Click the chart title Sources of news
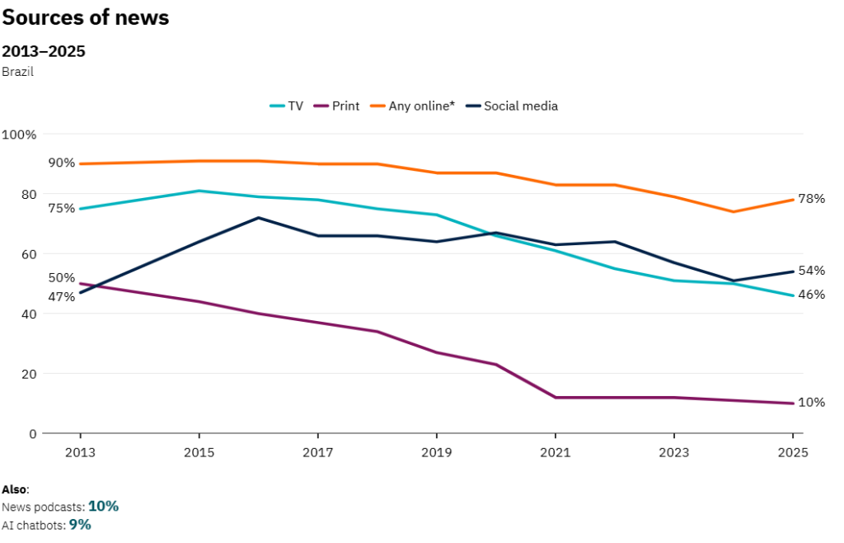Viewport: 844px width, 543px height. tap(86, 17)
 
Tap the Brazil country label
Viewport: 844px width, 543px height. tap(17, 72)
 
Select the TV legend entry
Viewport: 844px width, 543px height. tap(287, 106)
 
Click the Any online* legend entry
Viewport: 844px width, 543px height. tap(414, 106)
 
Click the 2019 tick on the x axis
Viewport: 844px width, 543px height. tap(436, 452)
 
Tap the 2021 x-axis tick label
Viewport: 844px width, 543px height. tap(555, 452)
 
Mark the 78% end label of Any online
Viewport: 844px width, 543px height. tap(812, 199)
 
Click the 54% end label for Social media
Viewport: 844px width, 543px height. tap(812, 271)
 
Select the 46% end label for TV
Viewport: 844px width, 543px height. tap(812, 295)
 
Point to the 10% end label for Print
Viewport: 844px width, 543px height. tap(812, 403)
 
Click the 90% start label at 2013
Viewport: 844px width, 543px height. tap(61, 163)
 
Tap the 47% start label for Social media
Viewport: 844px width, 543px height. tap(61, 296)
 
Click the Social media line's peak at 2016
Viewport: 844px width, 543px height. tap(258, 218)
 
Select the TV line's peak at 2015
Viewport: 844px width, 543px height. tap(199, 191)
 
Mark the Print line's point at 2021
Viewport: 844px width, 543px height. tap(555, 398)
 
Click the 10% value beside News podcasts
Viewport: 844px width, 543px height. tap(103, 506)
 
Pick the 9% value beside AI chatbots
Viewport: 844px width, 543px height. tap(80, 524)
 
